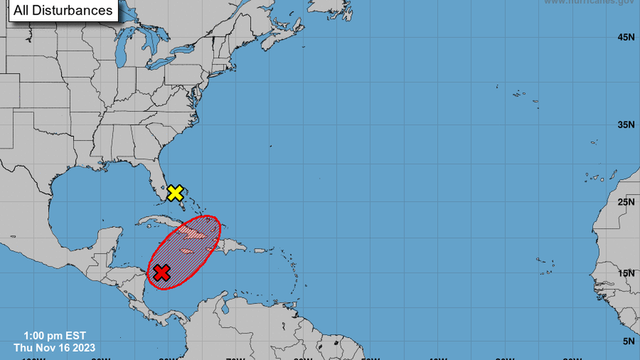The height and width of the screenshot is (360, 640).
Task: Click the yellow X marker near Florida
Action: coord(175,193)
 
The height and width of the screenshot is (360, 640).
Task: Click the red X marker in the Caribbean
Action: coord(162,273)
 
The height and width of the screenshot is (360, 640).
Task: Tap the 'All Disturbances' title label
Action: coord(63,10)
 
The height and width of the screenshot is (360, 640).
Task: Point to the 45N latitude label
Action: coord(626,37)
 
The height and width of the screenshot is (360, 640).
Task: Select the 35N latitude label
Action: coord(626,125)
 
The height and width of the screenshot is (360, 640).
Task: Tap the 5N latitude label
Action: coord(629,340)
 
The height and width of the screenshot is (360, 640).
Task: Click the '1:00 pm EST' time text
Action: coord(54,336)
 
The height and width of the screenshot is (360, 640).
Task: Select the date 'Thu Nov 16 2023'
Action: coord(55,348)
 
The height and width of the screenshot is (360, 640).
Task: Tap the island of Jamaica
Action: coord(188,250)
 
